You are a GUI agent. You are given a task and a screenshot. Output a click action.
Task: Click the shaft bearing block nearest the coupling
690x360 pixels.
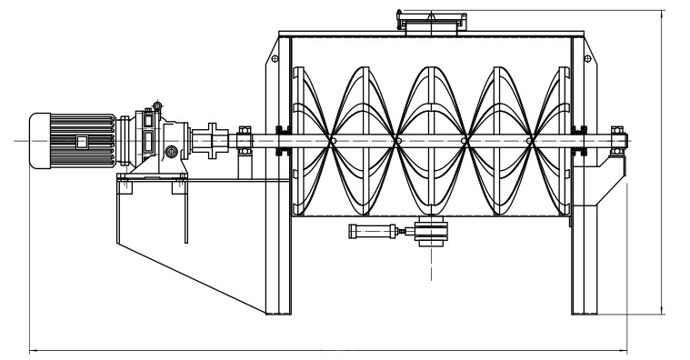click(244, 141)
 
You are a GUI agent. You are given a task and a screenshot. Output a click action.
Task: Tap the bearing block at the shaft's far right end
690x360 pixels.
click(617, 140)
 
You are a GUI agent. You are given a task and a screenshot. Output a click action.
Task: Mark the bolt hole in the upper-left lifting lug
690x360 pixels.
click(270, 58)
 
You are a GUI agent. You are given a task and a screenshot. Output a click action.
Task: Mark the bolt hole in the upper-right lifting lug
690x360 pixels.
click(595, 58)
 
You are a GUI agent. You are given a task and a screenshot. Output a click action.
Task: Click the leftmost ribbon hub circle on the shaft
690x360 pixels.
click(334, 141)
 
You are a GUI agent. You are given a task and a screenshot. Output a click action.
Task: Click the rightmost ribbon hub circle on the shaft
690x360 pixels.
click(530, 141)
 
